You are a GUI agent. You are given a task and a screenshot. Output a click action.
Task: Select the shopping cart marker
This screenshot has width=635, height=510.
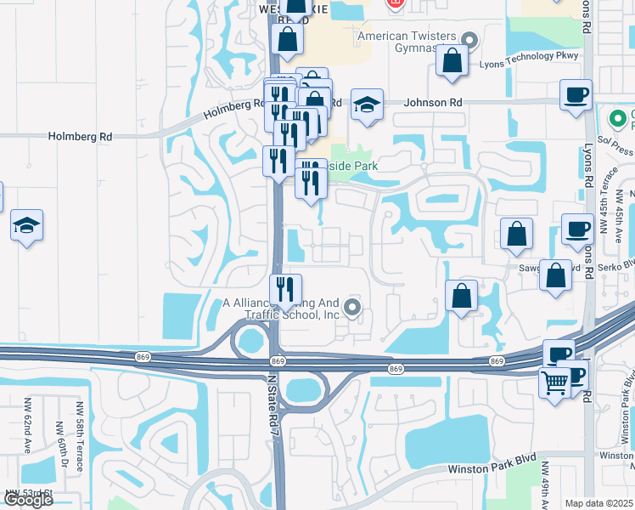[x=554, y=382]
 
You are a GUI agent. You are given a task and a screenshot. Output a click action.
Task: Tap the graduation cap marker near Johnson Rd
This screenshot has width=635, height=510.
[x=366, y=105]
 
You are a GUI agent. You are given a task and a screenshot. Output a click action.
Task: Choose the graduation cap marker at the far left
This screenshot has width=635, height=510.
[x=26, y=225]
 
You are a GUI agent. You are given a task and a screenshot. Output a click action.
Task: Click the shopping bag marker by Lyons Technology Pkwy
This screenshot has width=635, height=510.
[x=453, y=60]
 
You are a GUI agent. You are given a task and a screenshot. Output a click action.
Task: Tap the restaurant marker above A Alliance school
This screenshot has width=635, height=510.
[x=285, y=290]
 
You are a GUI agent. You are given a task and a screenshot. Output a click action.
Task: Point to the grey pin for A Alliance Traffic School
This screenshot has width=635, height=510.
[x=353, y=308]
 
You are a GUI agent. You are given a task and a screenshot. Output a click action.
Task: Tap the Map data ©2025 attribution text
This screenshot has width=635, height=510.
[x=599, y=503]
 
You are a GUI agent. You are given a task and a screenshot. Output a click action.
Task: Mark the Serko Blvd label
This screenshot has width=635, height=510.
[x=615, y=264]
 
